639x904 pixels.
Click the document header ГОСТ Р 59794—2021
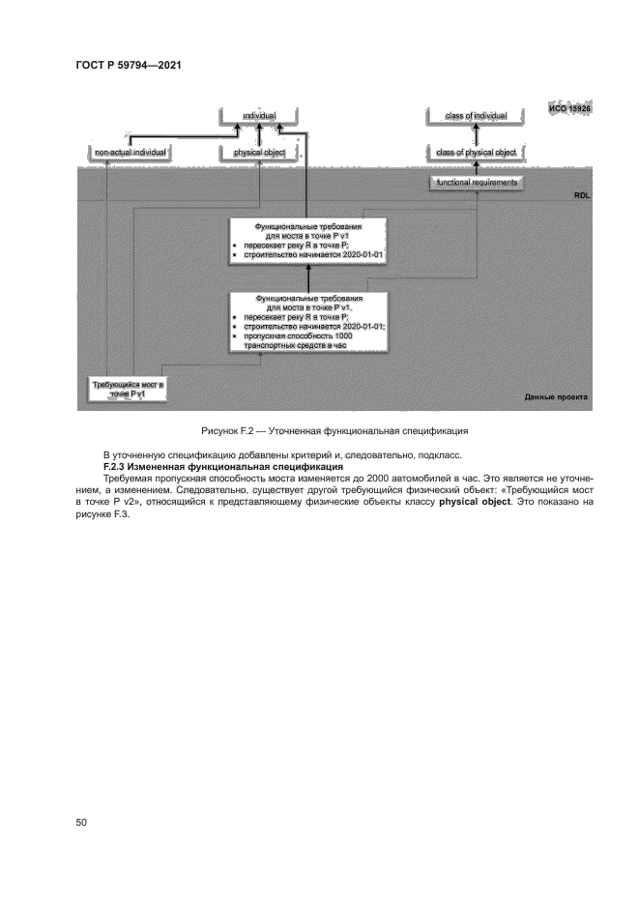coord(130,65)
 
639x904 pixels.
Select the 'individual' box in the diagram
coord(259,117)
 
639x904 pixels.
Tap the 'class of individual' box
coord(477,117)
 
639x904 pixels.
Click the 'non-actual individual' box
coord(131,153)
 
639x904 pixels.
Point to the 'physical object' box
coord(259,153)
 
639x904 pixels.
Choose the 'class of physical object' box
coord(477,153)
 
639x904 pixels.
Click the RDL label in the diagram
coord(581,196)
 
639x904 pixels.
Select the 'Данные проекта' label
coord(555,397)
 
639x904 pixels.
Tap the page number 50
coord(81,824)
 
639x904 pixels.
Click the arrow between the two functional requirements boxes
coord(306,277)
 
